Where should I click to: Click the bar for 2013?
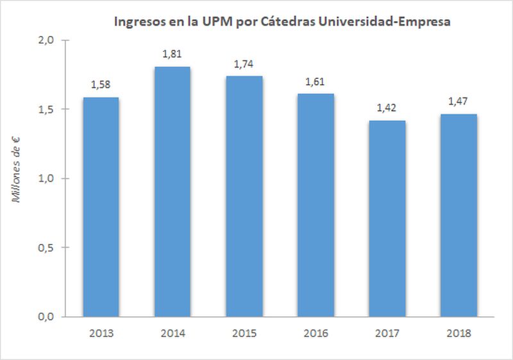(101, 207)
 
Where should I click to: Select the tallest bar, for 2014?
(172, 191)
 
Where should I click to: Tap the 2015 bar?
(244, 196)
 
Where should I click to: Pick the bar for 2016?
(315, 205)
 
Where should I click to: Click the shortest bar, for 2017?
(387, 218)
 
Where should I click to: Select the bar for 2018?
(458, 215)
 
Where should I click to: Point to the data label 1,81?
(172, 55)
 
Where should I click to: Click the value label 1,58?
(101, 85)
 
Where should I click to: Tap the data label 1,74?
(244, 64)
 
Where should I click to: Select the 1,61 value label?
(315, 82)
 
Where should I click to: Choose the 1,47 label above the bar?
(458, 102)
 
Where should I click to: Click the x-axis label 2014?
(172, 334)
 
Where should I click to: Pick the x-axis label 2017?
(387, 334)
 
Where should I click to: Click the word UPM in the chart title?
(212, 21)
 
